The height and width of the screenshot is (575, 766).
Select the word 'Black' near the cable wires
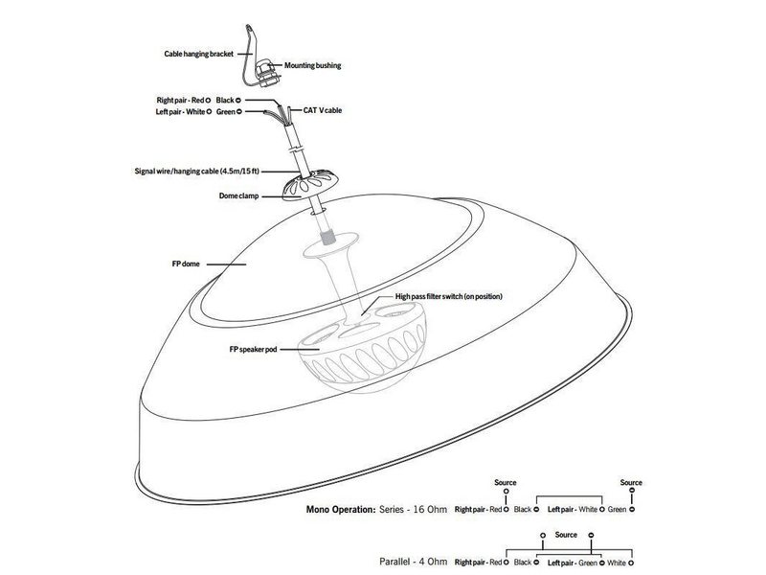point(226,100)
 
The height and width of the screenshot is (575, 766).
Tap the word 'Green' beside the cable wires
point(227,112)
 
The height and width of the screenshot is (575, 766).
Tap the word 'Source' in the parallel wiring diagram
point(566,534)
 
